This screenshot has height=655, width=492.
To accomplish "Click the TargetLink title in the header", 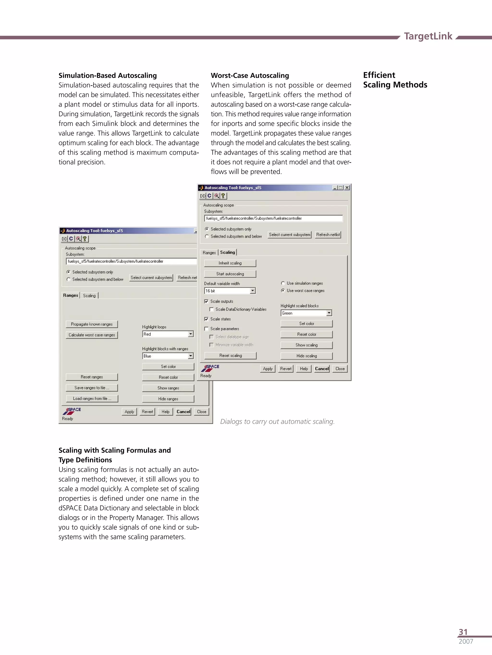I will click(x=428, y=36).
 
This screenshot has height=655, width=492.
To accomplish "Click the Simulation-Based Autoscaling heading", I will click(x=107, y=75).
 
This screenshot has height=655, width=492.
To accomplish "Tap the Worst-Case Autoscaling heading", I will click(x=250, y=75).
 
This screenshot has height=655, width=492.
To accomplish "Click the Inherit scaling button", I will click(x=230, y=263).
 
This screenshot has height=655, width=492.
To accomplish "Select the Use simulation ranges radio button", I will click(x=283, y=283).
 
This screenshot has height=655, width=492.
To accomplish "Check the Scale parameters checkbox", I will click(x=206, y=329).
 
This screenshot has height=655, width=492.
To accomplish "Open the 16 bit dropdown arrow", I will click(x=252, y=291).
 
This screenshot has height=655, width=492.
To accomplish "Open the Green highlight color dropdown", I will click(x=329, y=313).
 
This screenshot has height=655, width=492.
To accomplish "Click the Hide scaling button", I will click(x=306, y=356).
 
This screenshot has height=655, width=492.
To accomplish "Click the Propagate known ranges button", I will click(x=92, y=324).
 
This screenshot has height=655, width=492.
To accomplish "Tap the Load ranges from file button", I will click(x=92, y=399).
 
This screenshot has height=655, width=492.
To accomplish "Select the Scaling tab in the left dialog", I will click(x=89, y=295).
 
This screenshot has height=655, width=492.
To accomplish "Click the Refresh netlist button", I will click(x=328, y=235).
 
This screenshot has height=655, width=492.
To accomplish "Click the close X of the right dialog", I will click(x=347, y=187).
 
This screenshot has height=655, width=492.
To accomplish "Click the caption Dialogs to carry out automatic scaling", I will click(x=277, y=421).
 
